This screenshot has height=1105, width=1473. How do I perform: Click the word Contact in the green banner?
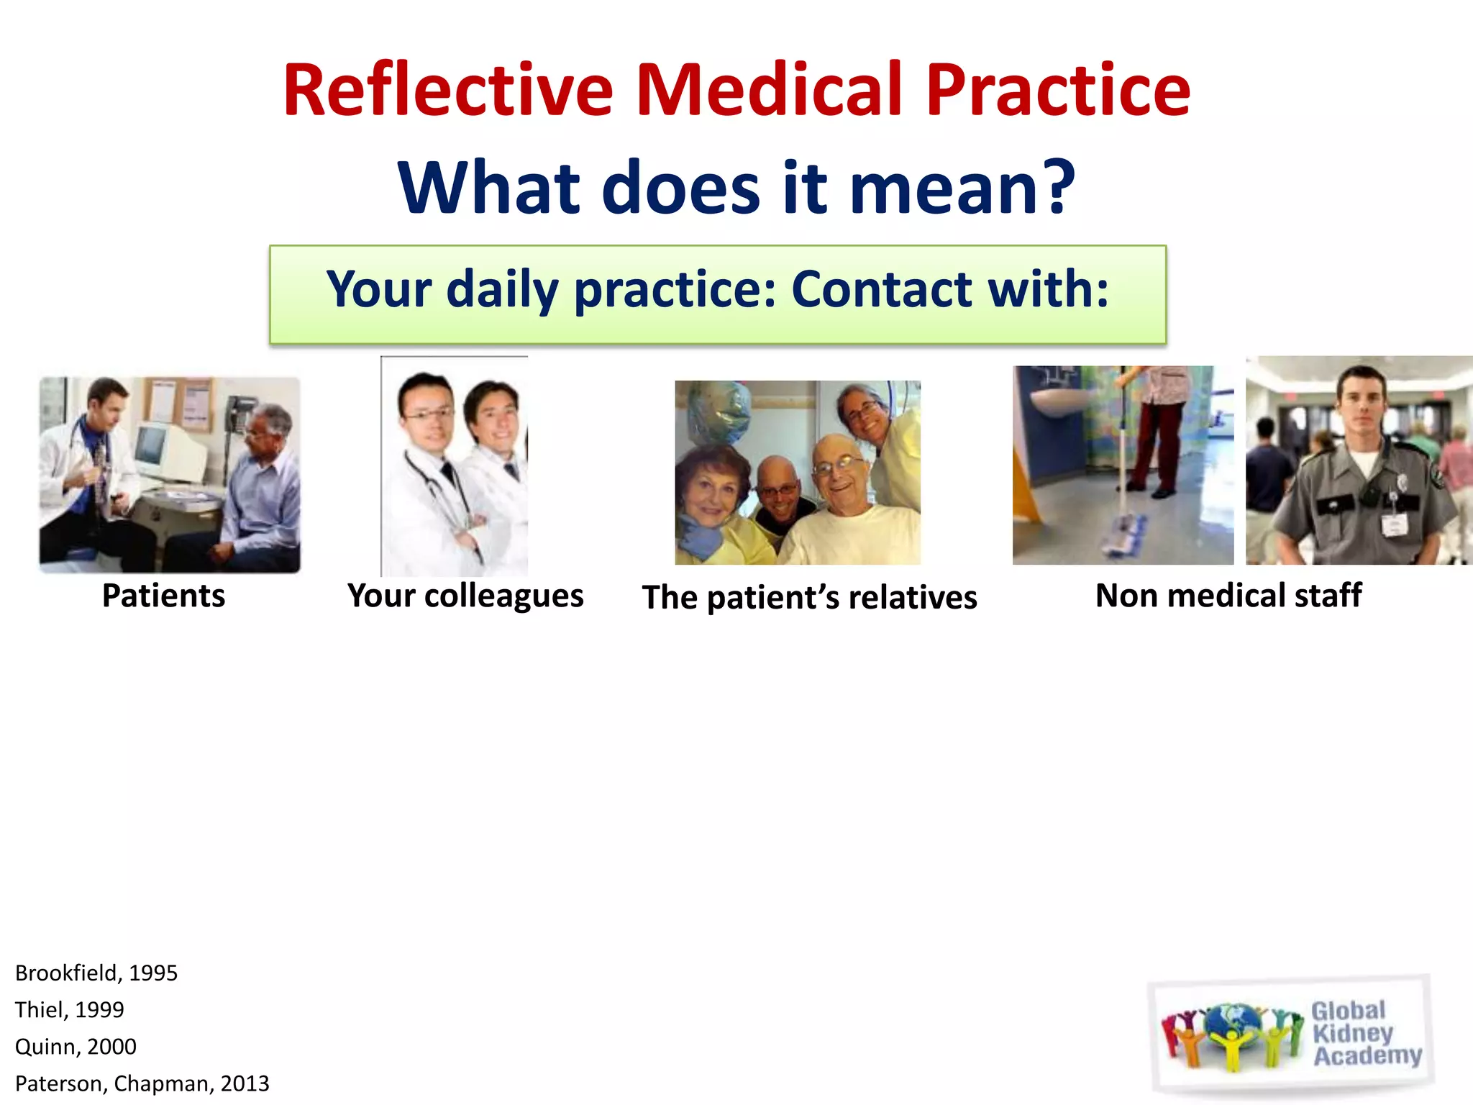click(x=882, y=289)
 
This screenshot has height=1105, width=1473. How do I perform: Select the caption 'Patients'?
click(x=163, y=596)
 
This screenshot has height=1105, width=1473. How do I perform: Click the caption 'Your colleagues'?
click(x=465, y=596)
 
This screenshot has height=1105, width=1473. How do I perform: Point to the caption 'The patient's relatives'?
click(x=809, y=597)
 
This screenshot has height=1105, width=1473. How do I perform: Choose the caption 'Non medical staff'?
click(x=1228, y=596)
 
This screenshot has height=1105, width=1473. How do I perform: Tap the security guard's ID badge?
click(x=1393, y=524)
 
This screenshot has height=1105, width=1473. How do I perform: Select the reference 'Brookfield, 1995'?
click(x=96, y=973)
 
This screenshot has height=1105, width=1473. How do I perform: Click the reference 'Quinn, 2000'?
click(x=76, y=1046)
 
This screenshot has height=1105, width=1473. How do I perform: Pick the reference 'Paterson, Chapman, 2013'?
click(x=142, y=1083)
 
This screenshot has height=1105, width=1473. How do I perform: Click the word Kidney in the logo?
click(x=1352, y=1033)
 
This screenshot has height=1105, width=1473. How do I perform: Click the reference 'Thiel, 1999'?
click(x=69, y=1009)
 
